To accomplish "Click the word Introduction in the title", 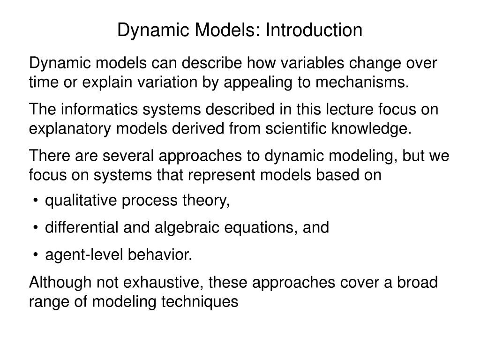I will pos(314,30).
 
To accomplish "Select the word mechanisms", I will pos(360,82).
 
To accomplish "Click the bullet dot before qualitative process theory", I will pos(36,201).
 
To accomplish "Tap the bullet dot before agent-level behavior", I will pos(36,255).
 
